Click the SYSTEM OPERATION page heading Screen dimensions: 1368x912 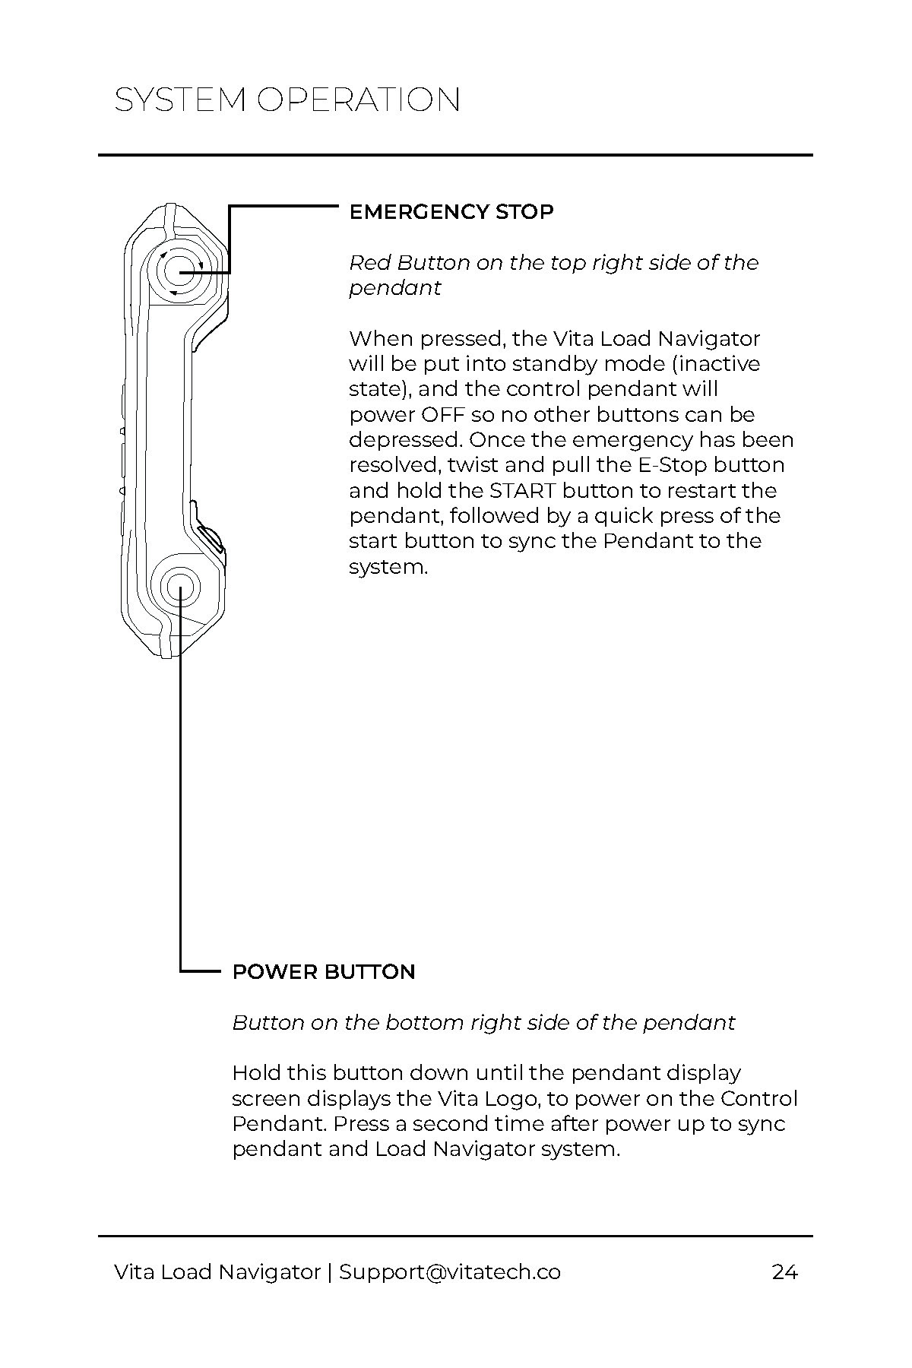(x=287, y=100)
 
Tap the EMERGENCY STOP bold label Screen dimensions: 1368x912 (x=451, y=212)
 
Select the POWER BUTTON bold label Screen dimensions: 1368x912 (x=324, y=972)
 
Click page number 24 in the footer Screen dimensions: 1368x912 (x=784, y=1272)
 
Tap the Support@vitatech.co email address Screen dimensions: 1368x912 (x=450, y=1272)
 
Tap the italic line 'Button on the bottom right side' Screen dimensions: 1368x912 (x=483, y=1023)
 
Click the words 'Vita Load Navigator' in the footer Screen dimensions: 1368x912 (x=217, y=1272)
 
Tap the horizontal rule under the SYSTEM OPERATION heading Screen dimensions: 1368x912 (x=455, y=156)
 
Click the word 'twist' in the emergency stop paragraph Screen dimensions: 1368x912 (x=472, y=465)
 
